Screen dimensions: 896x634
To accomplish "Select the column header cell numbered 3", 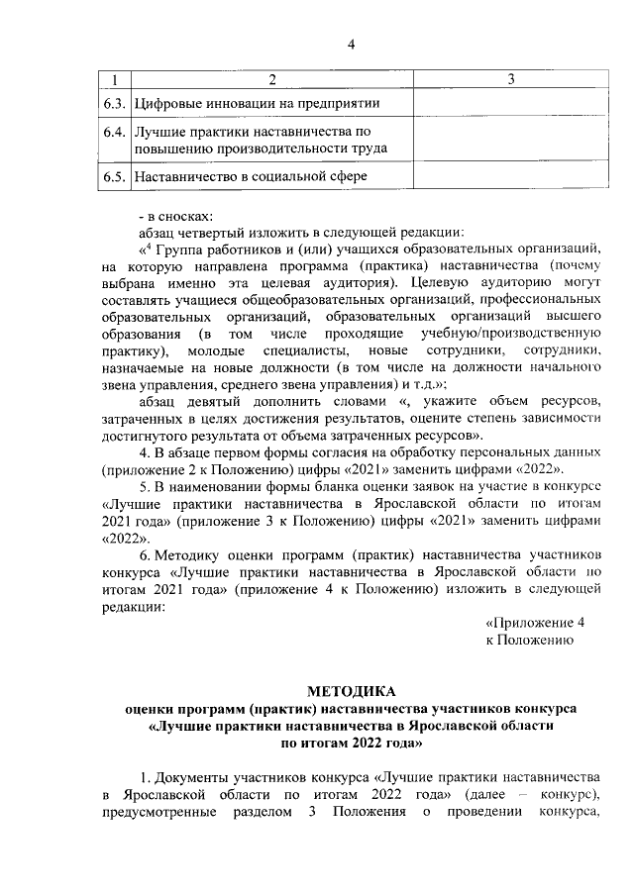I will (x=509, y=79).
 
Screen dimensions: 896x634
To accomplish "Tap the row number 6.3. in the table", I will (x=117, y=103).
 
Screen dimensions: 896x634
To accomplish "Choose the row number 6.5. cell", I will (x=117, y=176).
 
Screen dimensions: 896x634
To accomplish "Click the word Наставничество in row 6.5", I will (x=185, y=176).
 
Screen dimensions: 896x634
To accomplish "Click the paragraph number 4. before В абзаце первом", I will (x=145, y=451).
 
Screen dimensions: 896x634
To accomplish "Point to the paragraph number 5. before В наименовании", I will (x=145, y=486).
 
